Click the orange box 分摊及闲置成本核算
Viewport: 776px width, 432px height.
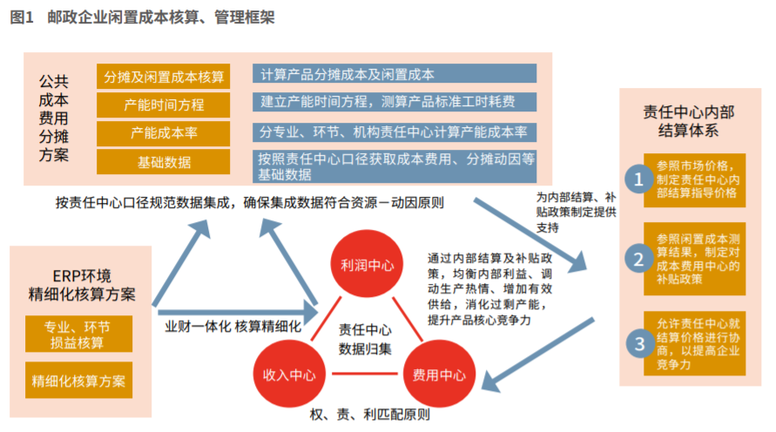point(164,76)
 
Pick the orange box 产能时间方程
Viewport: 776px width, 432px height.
point(164,105)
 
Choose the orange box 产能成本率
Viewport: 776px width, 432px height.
point(164,133)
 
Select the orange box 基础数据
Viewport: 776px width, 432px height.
point(164,162)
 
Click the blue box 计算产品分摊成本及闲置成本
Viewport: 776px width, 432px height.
point(395,74)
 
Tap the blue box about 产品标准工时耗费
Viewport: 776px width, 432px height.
point(395,102)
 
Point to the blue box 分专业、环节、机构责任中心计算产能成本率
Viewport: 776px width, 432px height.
point(395,132)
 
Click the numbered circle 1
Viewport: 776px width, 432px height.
point(640,179)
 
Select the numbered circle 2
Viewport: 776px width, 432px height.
point(640,259)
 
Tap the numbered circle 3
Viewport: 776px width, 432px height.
point(640,343)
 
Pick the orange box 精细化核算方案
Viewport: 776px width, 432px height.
point(78,381)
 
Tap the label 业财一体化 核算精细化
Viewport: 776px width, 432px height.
point(233,327)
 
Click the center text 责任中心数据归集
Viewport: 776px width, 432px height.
point(365,340)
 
